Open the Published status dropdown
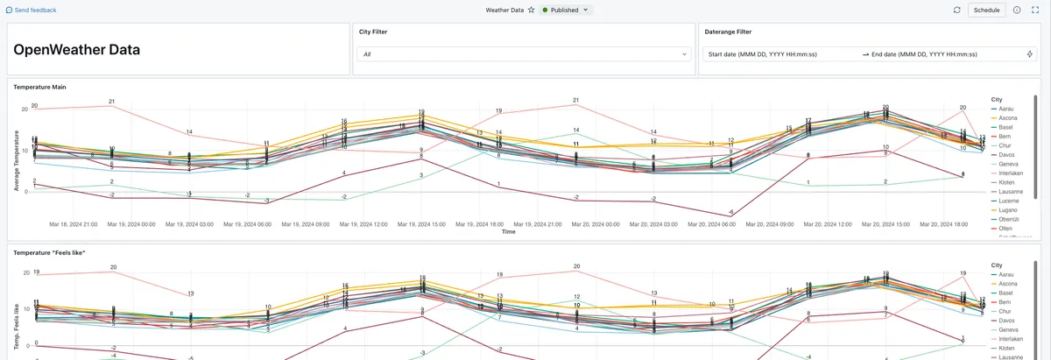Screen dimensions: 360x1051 565,10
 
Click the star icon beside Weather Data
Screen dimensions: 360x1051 531,10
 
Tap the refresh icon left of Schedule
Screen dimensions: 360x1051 956,10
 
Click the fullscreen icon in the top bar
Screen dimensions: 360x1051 1034,10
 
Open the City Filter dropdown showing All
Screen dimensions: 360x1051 523,54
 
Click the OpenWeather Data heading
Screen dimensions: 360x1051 77,50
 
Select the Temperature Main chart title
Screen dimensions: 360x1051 40,87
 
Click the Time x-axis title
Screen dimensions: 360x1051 508,232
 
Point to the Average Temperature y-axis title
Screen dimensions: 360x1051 15,149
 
